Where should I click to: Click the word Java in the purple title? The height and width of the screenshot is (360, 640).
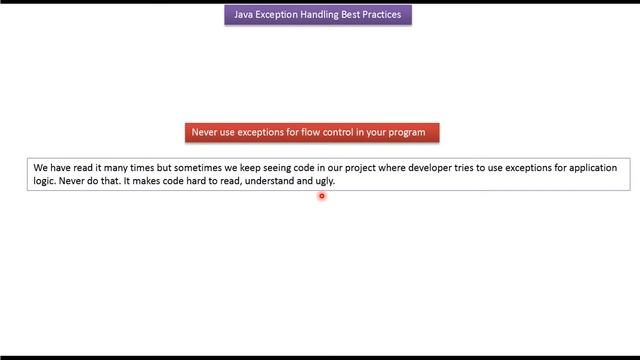point(245,15)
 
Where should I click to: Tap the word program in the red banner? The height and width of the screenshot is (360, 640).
point(407,132)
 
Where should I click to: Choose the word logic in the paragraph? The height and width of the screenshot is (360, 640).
point(44,182)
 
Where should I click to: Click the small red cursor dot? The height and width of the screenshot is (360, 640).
point(322,196)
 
